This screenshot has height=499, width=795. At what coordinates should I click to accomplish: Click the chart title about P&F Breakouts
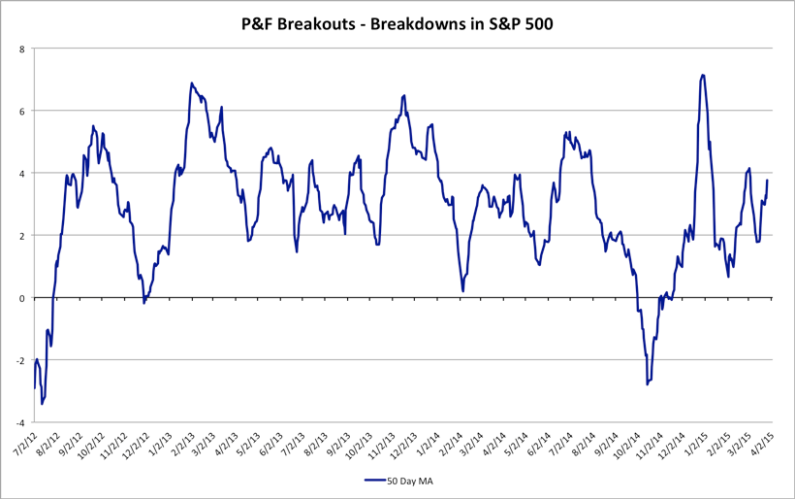[397, 23]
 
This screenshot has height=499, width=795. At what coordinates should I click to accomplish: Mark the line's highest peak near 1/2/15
[702, 75]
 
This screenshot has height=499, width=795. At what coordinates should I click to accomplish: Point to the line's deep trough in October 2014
[647, 384]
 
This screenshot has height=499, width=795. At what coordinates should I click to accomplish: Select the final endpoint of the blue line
[768, 180]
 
